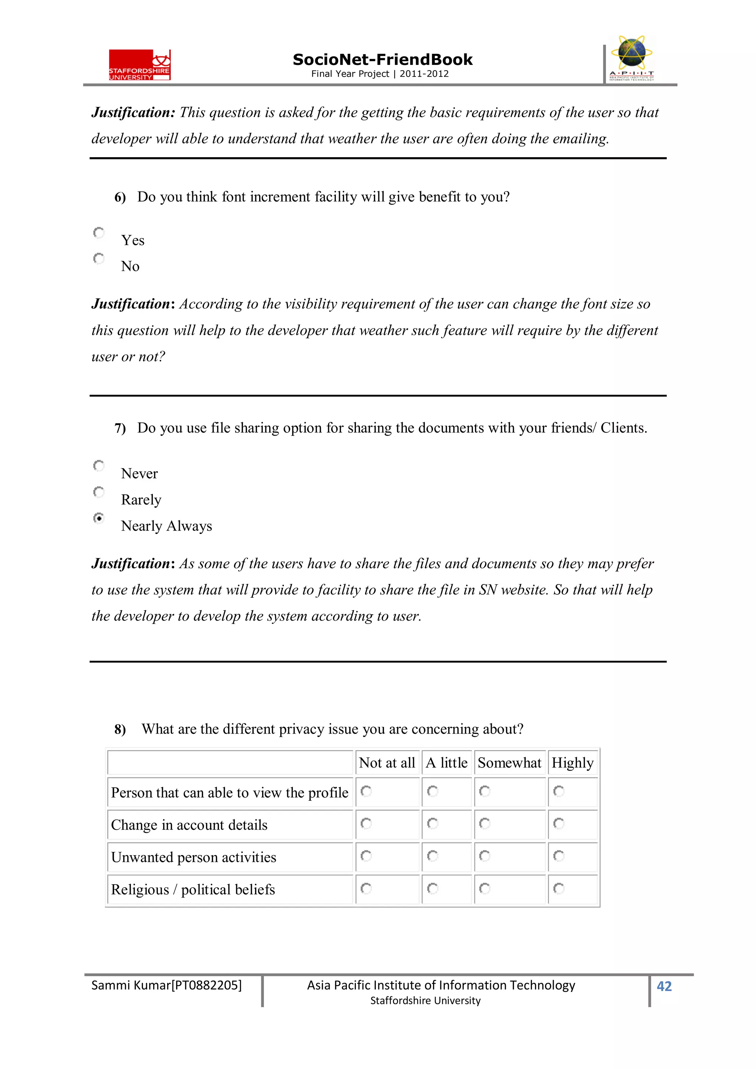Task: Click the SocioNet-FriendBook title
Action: (382, 60)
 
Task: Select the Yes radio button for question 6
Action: (99, 232)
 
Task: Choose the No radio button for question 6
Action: (99, 258)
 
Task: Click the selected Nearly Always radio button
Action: (99, 518)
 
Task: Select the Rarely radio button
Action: (99, 492)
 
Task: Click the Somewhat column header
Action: (509, 763)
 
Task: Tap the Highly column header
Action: (572, 763)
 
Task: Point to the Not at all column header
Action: (386, 763)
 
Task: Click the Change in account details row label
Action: (189, 825)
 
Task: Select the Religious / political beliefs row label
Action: (193, 890)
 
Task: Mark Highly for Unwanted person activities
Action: (559, 856)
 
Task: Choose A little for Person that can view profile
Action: (432, 791)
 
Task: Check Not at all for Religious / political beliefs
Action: (366, 888)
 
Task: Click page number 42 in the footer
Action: (664, 986)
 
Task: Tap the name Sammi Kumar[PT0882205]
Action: (166, 985)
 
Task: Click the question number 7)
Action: (120, 428)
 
